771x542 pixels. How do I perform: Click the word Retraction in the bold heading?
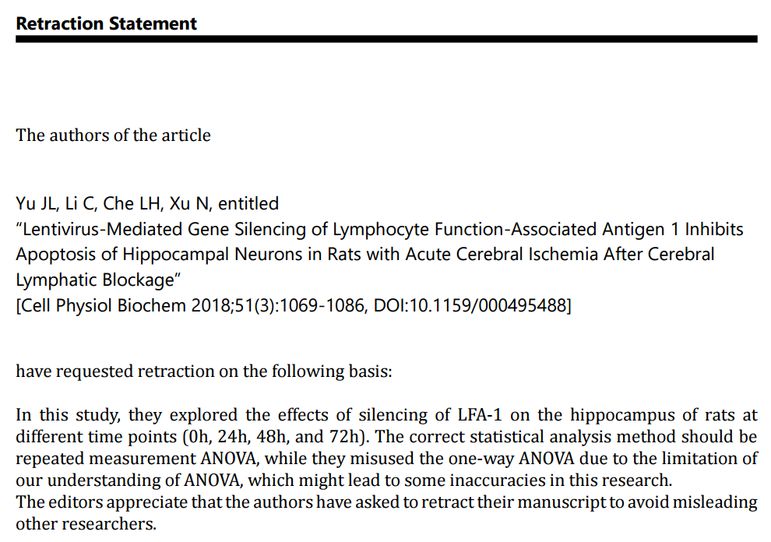pos(59,23)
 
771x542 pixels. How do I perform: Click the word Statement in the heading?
pos(153,23)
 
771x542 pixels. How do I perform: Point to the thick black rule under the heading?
pos(386,39)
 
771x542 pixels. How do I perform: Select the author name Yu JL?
pos(33,204)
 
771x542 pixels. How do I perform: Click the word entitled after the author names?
pos(248,204)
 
